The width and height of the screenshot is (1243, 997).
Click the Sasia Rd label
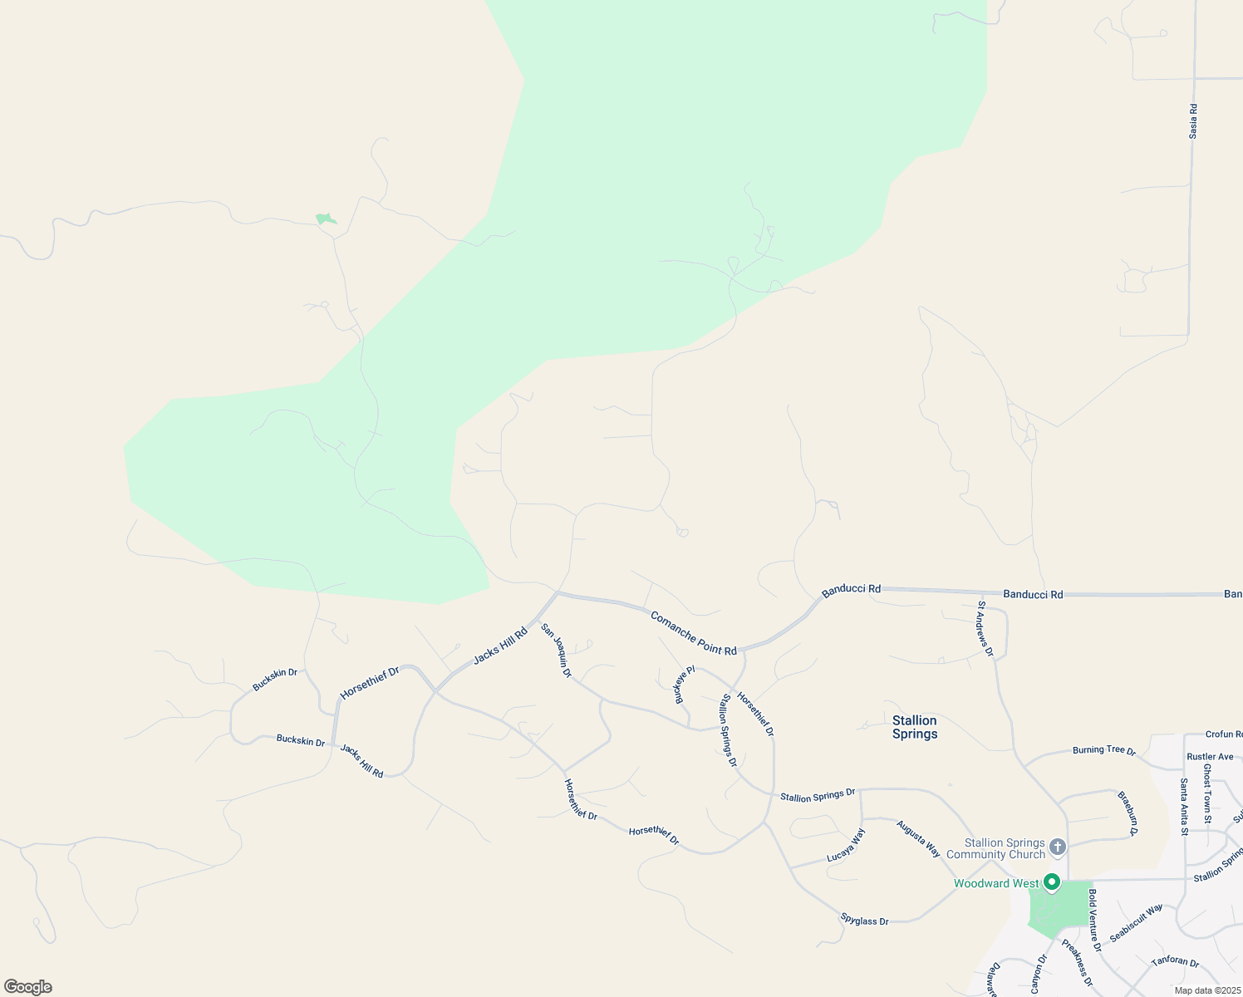point(1193,121)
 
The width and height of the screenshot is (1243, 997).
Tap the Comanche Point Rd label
point(694,634)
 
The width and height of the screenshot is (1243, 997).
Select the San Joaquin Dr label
point(557,651)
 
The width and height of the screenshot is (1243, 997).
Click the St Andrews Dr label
point(985,629)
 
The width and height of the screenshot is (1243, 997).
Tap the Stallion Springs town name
point(915,727)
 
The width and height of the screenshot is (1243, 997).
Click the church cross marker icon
point(1057,847)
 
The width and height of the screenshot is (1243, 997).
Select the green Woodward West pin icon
point(1052,882)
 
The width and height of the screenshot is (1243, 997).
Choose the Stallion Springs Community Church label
point(995,848)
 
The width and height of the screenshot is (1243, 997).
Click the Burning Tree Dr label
point(1103,749)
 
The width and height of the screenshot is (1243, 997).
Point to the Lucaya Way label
point(846,845)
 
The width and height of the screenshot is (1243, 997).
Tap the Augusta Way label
point(918,838)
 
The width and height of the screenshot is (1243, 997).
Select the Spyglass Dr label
point(864,920)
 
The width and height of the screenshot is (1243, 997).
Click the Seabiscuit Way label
point(1136,923)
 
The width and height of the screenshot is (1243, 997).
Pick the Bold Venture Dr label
point(1094,921)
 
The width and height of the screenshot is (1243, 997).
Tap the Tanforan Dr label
point(1175,963)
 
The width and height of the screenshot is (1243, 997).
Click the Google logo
point(27,987)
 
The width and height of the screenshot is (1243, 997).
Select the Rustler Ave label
point(1210,756)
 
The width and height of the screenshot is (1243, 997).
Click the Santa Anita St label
point(1185,806)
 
